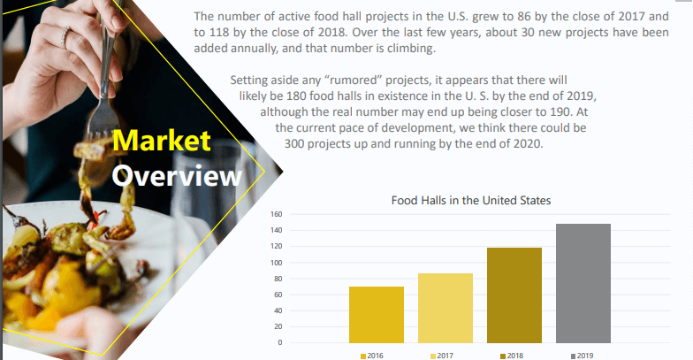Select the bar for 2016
pyautogui.click(x=377, y=315)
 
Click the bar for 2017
pyautogui.click(x=445, y=308)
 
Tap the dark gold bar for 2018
pyautogui.click(x=514, y=295)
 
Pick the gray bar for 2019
pyautogui.click(x=583, y=283)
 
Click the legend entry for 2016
pyautogui.click(x=372, y=356)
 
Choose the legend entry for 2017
pyautogui.click(x=442, y=356)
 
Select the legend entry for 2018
pyautogui.click(x=512, y=356)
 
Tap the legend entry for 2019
pyautogui.click(x=582, y=356)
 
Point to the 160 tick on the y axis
pyautogui.click(x=276, y=214)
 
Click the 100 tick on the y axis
pyautogui.click(x=276, y=262)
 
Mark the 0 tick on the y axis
pyautogui.click(x=279, y=342)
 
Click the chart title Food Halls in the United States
pyautogui.click(x=471, y=200)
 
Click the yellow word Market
pyautogui.click(x=161, y=141)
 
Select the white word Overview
pyautogui.click(x=177, y=175)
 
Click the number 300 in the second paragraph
pyautogui.click(x=294, y=143)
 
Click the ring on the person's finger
pyautogui.click(x=65, y=36)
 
